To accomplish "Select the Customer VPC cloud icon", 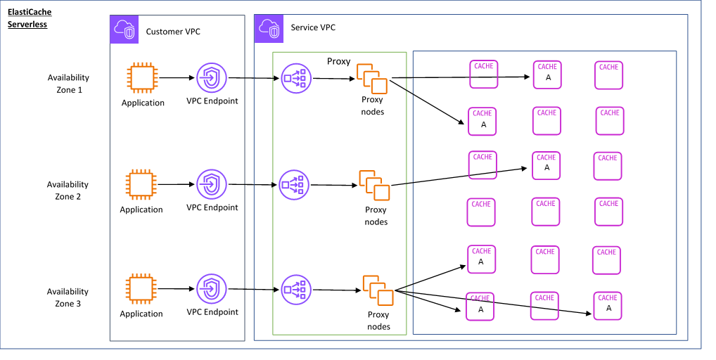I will [x=124, y=29].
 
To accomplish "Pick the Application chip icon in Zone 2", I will [x=141, y=185].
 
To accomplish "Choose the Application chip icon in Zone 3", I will [x=141, y=289].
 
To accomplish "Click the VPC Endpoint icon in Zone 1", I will [x=210, y=78].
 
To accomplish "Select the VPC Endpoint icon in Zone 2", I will [x=210, y=184].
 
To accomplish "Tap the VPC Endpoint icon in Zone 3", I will [x=210, y=289].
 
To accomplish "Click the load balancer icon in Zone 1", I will [x=295, y=79].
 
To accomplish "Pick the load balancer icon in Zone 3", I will [x=295, y=289].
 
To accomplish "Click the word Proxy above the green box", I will [x=338, y=62].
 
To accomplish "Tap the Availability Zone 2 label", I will [x=68, y=191].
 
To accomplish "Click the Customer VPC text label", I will [x=173, y=32].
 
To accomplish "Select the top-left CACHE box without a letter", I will [x=483, y=74].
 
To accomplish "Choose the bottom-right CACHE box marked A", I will [x=608, y=305].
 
